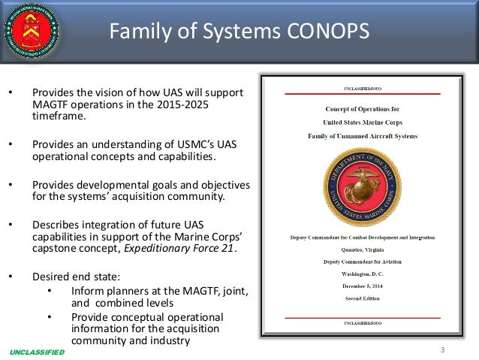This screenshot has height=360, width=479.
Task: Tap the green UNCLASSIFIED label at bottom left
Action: pyautogui.click(x=38, y=352)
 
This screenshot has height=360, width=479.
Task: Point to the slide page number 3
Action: pyautogui.click(x=443, y=349)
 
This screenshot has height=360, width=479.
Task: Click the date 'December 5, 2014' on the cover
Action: pyautogui.click(x=365, y=286)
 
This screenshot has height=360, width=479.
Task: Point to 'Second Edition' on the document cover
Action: pyautogui.click(x=365, y=298)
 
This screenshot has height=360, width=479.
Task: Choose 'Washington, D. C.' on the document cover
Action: pyautogui.click(x=365, y=274)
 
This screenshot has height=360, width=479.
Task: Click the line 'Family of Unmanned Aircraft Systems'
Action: pyautogui.click(x=365, y=135)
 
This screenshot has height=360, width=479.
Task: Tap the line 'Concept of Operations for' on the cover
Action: pyautogui.click(x=365, y=109)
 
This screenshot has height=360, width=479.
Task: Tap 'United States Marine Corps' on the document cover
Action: pyautogui.click(x=365, y=122)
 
